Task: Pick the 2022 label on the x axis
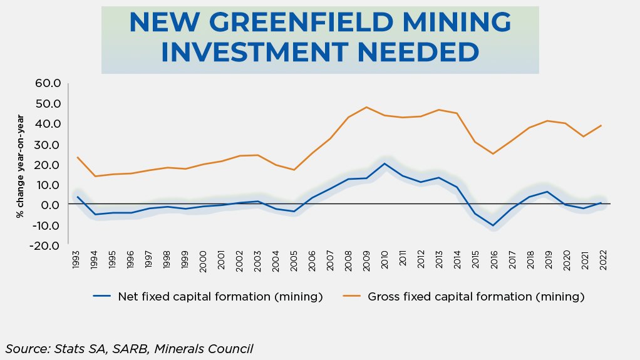tap(602, 260)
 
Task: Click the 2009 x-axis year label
tap(367, 260)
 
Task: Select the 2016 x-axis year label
tap(493, 260)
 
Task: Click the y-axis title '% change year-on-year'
tap(21, 166)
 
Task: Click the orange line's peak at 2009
tap(367, 107)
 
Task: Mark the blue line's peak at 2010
tap(385, 163)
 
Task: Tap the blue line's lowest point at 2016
tap(493, 225)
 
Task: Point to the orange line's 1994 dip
tap(95, 176)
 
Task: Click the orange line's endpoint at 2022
tap(602, 125)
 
